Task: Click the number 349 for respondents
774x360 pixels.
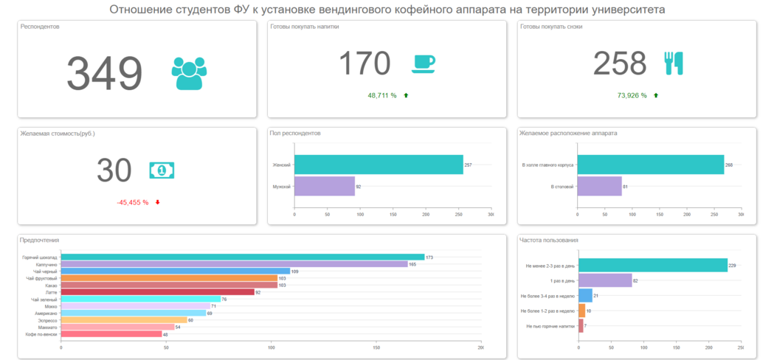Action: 104,73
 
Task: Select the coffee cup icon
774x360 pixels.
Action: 423,63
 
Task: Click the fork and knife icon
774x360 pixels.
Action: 673,63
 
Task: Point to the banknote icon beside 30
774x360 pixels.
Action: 162,170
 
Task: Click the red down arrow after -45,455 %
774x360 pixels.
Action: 157,202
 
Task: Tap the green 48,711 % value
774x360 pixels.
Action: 382,95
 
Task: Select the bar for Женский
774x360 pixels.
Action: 378,165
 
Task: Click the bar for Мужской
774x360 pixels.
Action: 324,187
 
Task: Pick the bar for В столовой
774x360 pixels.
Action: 599,187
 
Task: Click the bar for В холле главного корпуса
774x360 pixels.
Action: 650,165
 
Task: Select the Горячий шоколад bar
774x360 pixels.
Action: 243,257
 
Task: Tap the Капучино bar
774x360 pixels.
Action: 234,264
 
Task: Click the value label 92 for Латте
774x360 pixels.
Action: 259,292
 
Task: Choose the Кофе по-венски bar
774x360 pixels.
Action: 111,334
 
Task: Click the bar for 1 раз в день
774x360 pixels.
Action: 605,280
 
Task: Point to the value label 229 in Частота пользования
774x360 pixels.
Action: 733,266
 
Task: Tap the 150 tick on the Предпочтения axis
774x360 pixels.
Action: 376,348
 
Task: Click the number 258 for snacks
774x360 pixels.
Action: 620,63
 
